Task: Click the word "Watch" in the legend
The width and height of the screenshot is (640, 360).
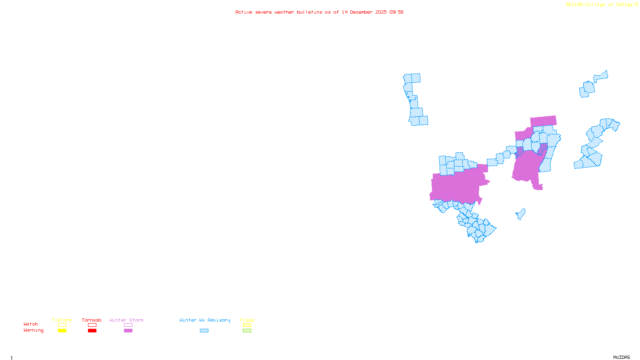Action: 31,324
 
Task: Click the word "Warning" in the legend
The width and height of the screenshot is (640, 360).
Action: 33,330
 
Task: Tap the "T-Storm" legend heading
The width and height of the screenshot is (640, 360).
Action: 62,320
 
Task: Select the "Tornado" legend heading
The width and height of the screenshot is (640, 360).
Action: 92,320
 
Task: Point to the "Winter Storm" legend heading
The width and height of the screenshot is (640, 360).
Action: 126,320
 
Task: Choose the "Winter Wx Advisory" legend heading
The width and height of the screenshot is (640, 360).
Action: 205,320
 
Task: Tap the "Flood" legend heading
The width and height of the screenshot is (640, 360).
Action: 247,320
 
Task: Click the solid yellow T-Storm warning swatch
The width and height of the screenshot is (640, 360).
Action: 62,331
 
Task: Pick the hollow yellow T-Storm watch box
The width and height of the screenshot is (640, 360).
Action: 62,325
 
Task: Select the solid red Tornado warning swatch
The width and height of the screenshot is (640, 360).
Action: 92,331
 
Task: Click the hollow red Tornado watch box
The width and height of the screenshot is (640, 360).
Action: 92,325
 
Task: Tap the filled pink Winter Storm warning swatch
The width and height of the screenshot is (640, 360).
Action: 128,331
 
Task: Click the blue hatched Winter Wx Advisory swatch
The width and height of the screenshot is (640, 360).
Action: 204,331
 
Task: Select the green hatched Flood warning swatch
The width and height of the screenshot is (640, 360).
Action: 247,331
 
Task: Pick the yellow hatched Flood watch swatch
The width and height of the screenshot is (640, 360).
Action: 247,325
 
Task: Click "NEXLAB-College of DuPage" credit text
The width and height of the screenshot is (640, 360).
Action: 599,5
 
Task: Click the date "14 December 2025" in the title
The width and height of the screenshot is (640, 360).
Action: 364,12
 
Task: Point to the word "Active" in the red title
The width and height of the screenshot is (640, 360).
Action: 244,12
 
